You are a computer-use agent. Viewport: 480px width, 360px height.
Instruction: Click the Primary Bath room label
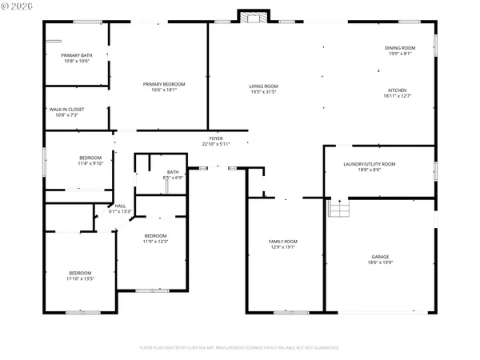76,56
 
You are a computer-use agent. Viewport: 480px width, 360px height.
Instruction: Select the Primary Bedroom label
164,84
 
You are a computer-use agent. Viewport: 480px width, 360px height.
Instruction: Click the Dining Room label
401,48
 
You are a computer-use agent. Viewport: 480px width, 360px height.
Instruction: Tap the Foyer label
216,138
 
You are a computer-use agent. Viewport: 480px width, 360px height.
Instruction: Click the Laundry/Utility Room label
370,164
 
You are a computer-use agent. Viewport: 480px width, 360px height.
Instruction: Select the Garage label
379,257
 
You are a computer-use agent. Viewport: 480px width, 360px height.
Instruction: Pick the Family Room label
282,242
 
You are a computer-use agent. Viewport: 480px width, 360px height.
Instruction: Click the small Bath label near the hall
173,171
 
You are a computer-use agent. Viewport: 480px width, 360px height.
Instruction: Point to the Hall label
120,206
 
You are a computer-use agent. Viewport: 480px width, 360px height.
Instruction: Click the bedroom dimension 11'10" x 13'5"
80,278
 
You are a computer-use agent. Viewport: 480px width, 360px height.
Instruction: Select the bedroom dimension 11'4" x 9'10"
90,163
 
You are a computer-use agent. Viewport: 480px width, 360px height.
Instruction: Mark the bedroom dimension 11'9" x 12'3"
155,241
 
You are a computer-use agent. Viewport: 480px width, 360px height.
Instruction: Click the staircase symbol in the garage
340,209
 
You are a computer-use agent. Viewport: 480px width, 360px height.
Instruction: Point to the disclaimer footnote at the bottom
239,348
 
